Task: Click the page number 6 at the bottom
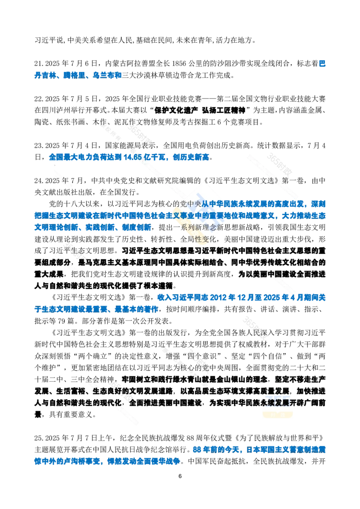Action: click(180, 476)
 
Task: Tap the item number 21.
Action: click(38, 64)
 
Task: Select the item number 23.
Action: click(38, 145)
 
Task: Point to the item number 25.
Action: click(38, 438)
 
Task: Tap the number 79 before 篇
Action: click(61, 321)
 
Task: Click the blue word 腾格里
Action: click(74, 75)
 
